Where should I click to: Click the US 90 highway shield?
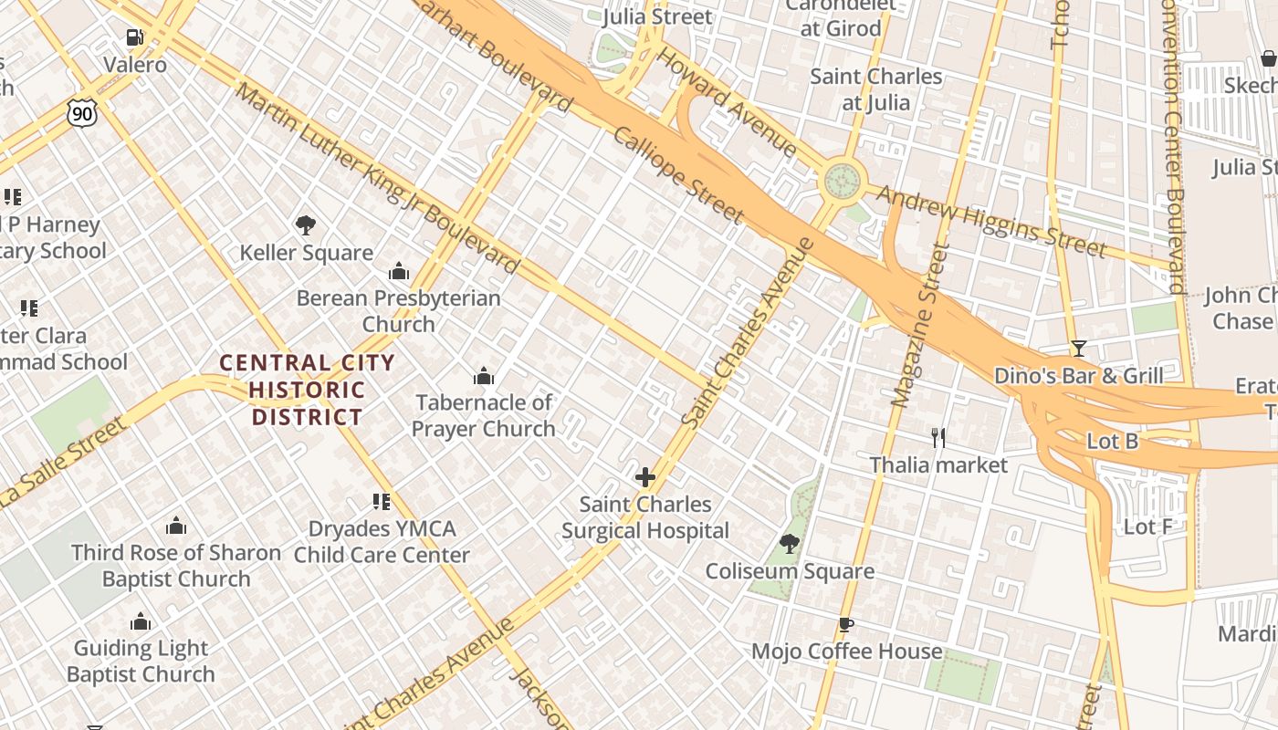(81, 113)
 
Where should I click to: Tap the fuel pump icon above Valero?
(134, 37)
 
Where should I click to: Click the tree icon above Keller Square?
(306, 225)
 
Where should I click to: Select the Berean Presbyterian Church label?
(399, 310)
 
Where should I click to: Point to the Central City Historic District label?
(308, 391)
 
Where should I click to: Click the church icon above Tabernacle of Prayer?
(484, 376)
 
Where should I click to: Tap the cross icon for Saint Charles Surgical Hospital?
(645, 477)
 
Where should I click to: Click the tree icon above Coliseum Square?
(790, 545)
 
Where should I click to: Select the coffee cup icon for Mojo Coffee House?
(846, 625)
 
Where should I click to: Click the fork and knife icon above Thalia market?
(938, 438)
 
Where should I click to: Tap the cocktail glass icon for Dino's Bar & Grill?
(1078, 349)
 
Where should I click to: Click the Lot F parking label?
(1147, 527)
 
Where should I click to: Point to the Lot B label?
(1112, 442)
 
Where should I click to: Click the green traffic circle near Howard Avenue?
(843, 180)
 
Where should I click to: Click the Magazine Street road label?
(916, 324)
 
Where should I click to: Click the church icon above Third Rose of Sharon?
(176, 527)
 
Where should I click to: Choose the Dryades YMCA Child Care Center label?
(382, 541)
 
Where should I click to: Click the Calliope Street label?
(678, 174)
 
